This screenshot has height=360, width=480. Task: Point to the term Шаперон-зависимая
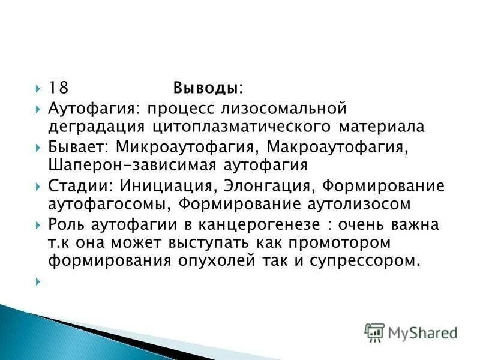tap(121, 164)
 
